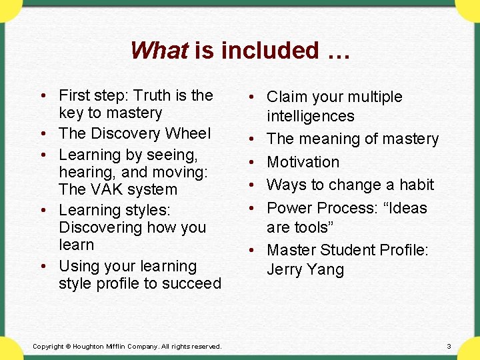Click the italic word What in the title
click(x=159, y=51)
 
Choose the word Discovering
click(x=99, y=227)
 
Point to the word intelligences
click(x=310, y=116)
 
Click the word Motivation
click(x=303, y=161)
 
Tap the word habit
click(x=416, y=184)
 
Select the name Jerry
click(x=286, y=269)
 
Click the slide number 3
click(x=449, y=346)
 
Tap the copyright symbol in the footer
click(x=68, y=347)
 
